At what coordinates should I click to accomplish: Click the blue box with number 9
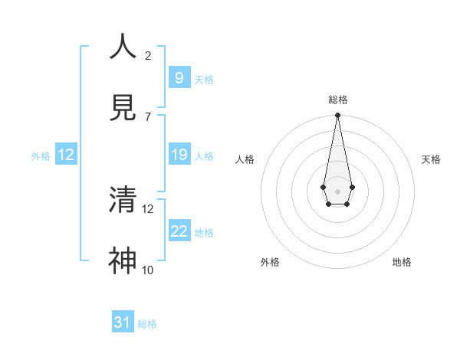[x=179, y=77]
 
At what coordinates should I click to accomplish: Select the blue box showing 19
[x=179, y=155]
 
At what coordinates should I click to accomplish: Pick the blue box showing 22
[x=179, y=231]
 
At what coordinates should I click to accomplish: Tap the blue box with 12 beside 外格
[x=66, y=155]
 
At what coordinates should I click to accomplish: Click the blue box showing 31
[x=123, y=322]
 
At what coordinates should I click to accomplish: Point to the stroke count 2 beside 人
[x=148, y=55]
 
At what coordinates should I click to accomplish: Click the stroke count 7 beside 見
[x=148, y=116]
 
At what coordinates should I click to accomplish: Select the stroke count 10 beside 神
[x=148, y=270]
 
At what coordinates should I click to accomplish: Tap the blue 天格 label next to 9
[x=204, y=79]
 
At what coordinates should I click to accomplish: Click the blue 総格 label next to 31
[x=147, y=324]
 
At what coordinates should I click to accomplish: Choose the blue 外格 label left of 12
[x=41, y=156]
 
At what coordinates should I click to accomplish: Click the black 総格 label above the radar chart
[x=337, y=100]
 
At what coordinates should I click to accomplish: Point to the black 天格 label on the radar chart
[x=431, y=159]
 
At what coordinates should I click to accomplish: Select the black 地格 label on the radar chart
[x=402, y=262]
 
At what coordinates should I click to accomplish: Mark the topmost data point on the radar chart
[x=337, y=116]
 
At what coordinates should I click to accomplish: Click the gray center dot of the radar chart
[x=337, y=190]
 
